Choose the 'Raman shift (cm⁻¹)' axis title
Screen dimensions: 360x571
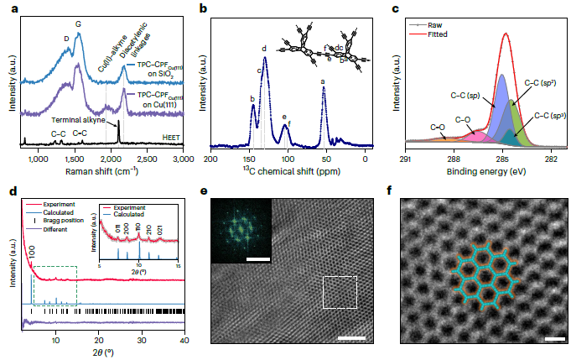pyautogui.click(x=102, y=171)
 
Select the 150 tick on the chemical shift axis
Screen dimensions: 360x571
pyautogui.click(x=250, y=159)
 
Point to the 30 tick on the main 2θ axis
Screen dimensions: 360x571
pyautogui.click(x=141, y=334)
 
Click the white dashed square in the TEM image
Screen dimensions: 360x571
pyautogui.click(x=340, y=295)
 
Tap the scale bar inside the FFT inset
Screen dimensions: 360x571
pyautogui.click(x=258, y=259)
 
